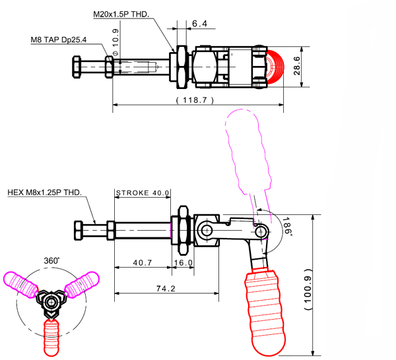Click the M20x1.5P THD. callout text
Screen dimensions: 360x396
(x=121, y=14)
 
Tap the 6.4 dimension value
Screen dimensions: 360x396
(x=200, y=24)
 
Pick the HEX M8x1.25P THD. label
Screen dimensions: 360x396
(x=44, y=193)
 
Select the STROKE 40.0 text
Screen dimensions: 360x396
(x=143, y=193)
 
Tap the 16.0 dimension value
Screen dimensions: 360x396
(x=183, y=262)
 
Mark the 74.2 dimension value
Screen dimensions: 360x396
(x=166, y=288)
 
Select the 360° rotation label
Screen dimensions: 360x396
(x=51, y=260)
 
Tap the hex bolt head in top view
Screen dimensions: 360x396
(x=76, y=67)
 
